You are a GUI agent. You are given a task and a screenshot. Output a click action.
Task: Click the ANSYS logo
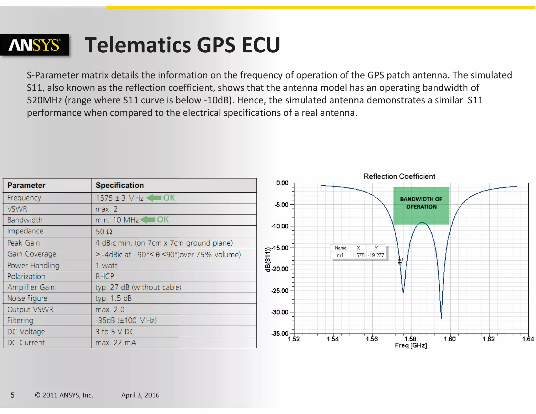click(x=35, y=45)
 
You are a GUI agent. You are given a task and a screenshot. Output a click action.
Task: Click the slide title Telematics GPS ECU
click(x=182, y=45)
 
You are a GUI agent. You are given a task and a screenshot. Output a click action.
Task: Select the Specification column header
click(x=120, y=185)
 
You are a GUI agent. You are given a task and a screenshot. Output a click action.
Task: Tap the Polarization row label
click(x=26, y=276)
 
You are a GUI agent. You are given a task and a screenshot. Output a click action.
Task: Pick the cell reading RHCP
click(x=105, y=276)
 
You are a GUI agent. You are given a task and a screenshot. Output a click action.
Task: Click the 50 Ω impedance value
click(x=104, y=232)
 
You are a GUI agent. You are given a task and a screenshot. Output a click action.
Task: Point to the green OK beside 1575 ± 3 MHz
click(x=169, y=198)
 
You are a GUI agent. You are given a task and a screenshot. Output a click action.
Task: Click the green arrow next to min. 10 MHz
click(x=148, y=220)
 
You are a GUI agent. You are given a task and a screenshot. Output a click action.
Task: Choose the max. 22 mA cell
click(x=116, y=343)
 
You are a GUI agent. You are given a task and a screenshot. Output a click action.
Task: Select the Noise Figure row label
click(x=27, y=298)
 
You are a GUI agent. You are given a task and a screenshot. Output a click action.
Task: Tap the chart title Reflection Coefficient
click(x=399, y=176)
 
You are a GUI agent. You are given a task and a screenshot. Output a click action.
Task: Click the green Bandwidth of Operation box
click(x=421, y=205)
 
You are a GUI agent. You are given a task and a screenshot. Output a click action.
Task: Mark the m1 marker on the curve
click(x=400, y=263)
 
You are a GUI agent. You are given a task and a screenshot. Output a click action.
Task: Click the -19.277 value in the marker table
click(x=376, y=255)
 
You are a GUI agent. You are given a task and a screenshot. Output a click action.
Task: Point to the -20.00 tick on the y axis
click(x=280, y=269)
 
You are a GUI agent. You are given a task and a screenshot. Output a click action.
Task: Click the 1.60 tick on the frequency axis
click(x=449, y=339)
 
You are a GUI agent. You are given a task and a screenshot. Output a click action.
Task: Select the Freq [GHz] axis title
click(x=411, y=345)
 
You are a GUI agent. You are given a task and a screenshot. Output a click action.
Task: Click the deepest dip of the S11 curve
click(x=441, y=318)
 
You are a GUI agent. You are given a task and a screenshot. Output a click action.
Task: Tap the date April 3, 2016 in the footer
click(x=140, y=395)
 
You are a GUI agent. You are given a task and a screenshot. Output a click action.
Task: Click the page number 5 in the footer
click(x=12, y=395)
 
